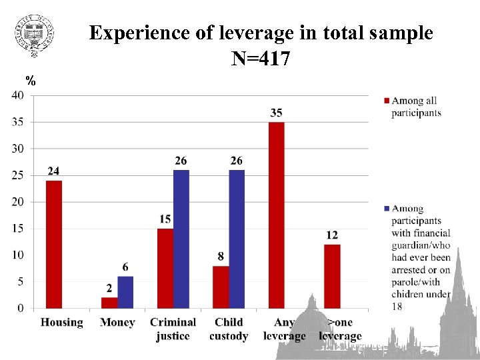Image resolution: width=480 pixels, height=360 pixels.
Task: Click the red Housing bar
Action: [x=53, y=244]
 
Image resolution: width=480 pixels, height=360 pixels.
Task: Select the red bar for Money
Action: [x=109, y=303]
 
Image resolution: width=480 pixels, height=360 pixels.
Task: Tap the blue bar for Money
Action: [x=125, y=292]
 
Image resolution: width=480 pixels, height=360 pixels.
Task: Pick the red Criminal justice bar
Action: [x=165, y=268]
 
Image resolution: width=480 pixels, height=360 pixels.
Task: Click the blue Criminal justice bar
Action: [x=181, y=239]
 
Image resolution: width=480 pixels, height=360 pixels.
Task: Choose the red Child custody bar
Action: [x=221, y=287]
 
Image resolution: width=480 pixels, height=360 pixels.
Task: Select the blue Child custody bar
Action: [x=237, y=239]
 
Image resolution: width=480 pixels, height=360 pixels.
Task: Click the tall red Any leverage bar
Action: [x=276, y=215]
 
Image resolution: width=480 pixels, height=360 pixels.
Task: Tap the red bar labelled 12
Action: [x=332, y=276]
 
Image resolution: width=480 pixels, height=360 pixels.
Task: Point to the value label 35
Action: [x=276, y=113]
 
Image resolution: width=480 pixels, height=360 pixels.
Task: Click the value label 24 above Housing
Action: [x=53, y=171]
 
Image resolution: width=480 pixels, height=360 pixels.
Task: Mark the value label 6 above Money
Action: [x=125, y=267]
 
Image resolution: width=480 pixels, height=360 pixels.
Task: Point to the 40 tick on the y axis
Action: [x=18, y=95]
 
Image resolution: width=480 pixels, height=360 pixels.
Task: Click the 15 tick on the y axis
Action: [x=18, y=229]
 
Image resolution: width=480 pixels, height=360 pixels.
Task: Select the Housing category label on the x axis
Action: [x=62, y=323]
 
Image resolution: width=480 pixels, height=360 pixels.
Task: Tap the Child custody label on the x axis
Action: [x=229, y=329]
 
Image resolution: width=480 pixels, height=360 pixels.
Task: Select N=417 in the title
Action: [x=261, y=60]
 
